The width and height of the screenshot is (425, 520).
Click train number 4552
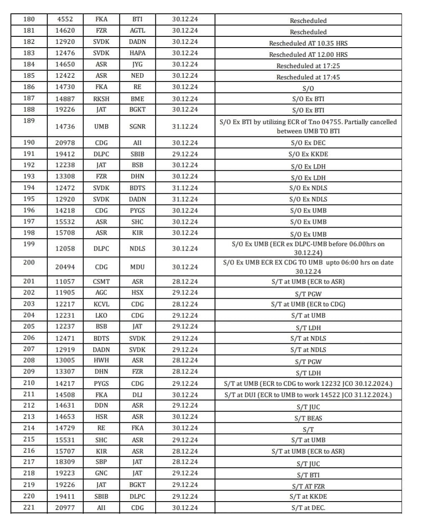65,19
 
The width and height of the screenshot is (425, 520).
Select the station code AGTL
137,30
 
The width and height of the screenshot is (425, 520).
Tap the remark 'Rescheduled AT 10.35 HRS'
308,43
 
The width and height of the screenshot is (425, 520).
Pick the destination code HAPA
137,53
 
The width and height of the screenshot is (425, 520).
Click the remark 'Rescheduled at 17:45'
308,77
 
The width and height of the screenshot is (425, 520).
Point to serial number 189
29,121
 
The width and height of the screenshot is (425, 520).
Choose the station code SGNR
137,127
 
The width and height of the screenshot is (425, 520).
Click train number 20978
65,143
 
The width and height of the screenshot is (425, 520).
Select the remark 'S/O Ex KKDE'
308,154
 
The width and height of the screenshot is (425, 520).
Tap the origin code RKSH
101,99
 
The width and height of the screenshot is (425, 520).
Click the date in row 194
185,188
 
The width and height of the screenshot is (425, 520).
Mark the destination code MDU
137,267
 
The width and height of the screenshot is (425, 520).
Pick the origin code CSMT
101,282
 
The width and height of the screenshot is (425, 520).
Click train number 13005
65,360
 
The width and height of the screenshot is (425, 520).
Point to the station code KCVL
101,304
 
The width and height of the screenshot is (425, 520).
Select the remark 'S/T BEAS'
308,418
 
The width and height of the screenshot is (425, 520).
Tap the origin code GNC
101,473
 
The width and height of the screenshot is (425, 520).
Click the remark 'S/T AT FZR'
308,486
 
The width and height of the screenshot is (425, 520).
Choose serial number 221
29,507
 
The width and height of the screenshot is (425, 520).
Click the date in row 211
185,395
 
